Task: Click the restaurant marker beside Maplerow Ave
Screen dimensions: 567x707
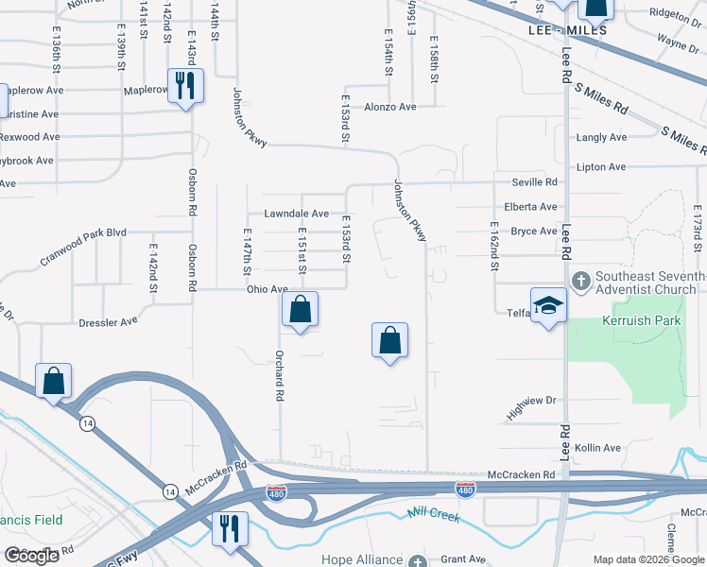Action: pyautogui.click(x=185, y=86)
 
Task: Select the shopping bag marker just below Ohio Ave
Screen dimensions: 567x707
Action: pyautogui.click(x=300, y=309)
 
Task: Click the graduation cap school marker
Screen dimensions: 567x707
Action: pyautogui.click(x=548, y=305)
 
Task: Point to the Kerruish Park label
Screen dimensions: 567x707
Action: pyautogui.click(x=642, y=321)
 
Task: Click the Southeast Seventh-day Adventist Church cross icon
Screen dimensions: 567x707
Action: pyautogui.click(x=581, y=282)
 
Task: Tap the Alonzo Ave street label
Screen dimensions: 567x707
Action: pyautogui.click(x=390, y=108)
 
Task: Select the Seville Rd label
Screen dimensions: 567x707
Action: pyautogui.click(x=534, y=181)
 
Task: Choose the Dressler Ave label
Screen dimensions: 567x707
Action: pyautogui.click(x=110, y=322)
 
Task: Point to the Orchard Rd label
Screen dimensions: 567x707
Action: pyautogui.click(x=280, y=377)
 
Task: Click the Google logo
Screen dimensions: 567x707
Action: pyautogui.click(x=31, y=557)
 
